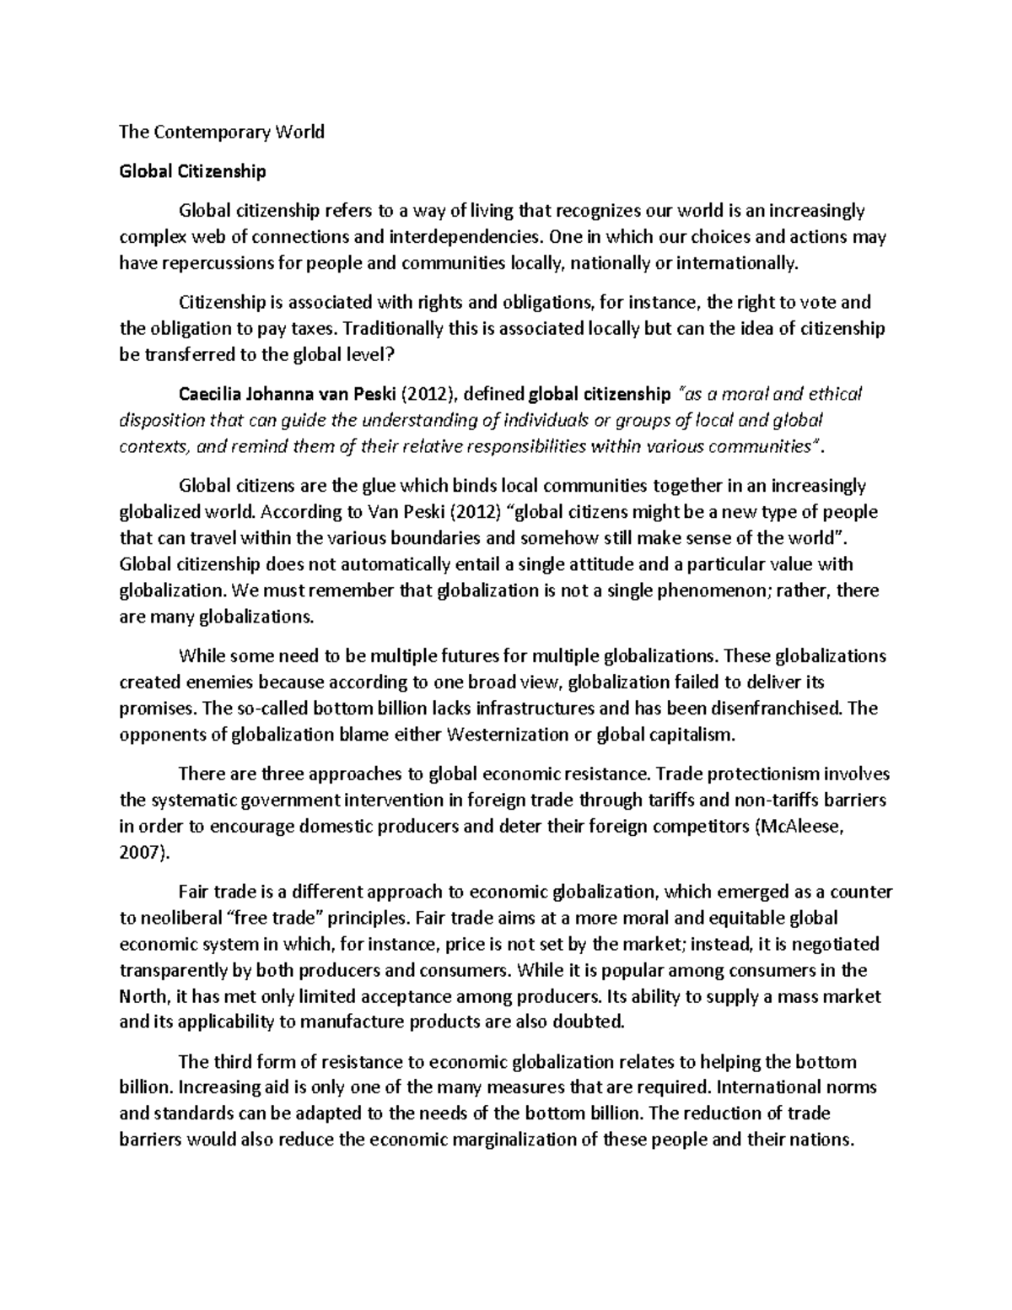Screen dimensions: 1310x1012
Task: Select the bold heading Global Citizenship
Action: click(x=192, y=171)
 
